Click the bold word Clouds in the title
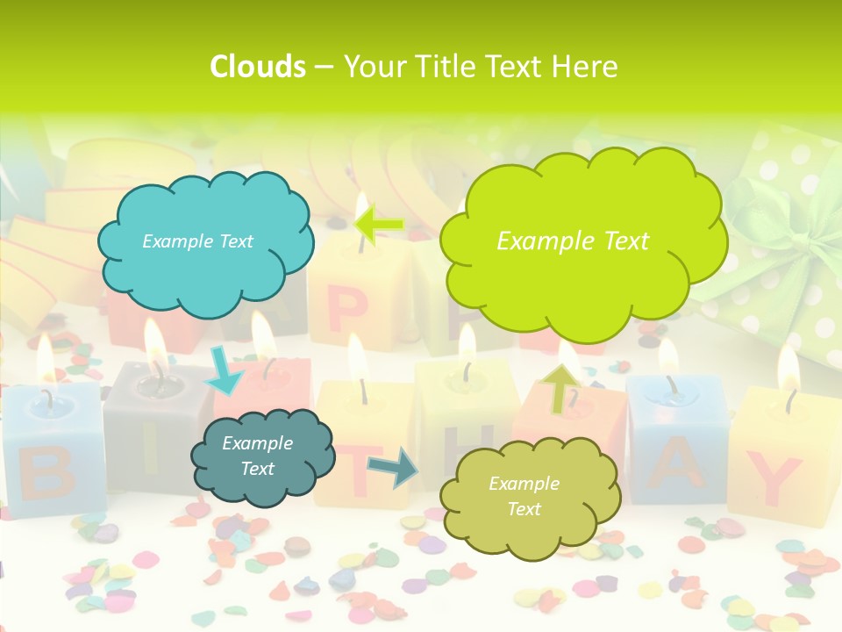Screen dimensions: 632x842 [x=258, y=67]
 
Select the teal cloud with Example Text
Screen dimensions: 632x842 [x=204, y=241]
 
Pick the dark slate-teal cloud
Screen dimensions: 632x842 [x=261, y=456]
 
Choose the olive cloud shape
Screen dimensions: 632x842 [x=529, y=497]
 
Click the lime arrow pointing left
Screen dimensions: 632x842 [x=379, y=226]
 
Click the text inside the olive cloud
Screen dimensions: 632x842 [x=524, y=496]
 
